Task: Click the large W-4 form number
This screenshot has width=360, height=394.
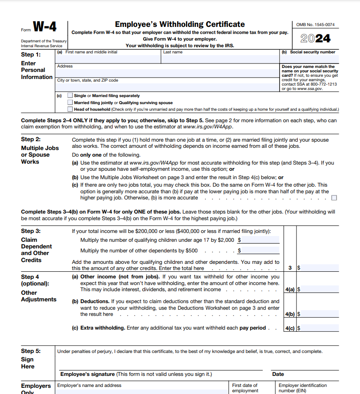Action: [45, 27]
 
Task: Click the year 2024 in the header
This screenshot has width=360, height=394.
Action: [315, 38]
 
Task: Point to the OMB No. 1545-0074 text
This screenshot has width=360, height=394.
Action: [315, 25]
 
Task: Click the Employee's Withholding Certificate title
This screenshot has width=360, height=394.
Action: [180, 24]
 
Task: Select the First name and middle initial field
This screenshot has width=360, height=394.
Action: [108, 58]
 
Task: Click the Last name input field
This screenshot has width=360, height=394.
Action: [220, 58]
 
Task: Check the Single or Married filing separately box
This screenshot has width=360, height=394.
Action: [70, 95]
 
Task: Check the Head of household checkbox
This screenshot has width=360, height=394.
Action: [70, 109]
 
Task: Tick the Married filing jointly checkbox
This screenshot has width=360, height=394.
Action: [70, 102]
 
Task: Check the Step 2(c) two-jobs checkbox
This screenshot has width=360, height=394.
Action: [334, 198]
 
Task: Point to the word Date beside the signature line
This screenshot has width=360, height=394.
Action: [278, 374]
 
